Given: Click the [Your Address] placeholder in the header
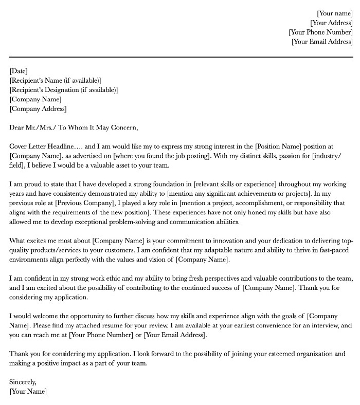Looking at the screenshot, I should pos(331,23).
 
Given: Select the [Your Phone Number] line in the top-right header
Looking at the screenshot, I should pos(320,32).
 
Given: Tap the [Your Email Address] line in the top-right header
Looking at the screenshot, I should pos(322,42).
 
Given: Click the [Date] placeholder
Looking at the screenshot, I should pos(19,71).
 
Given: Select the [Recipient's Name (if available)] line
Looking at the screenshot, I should pos(55,81).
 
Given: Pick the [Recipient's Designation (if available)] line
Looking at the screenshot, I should pos(63,90).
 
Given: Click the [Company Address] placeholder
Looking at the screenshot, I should pos(38,109).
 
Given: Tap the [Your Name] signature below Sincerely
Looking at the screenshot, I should pos(28,392).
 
